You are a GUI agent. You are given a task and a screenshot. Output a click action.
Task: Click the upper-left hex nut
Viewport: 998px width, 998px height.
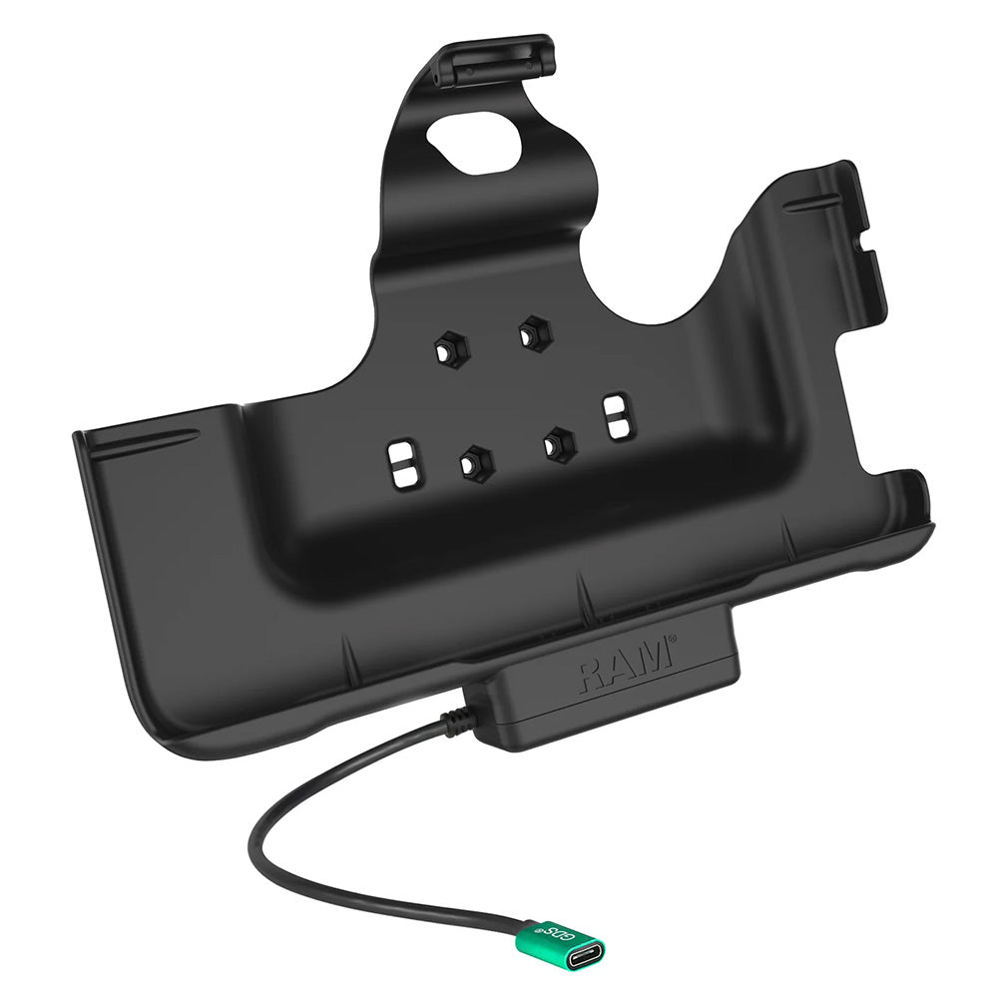point(445,349)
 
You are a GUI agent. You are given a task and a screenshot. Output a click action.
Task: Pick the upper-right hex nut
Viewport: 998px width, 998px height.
point(533,332)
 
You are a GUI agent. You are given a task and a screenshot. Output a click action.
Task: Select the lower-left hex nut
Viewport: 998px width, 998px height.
point(470,460)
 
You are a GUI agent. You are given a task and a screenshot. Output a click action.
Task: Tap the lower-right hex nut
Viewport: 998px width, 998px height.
point(558,440)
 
